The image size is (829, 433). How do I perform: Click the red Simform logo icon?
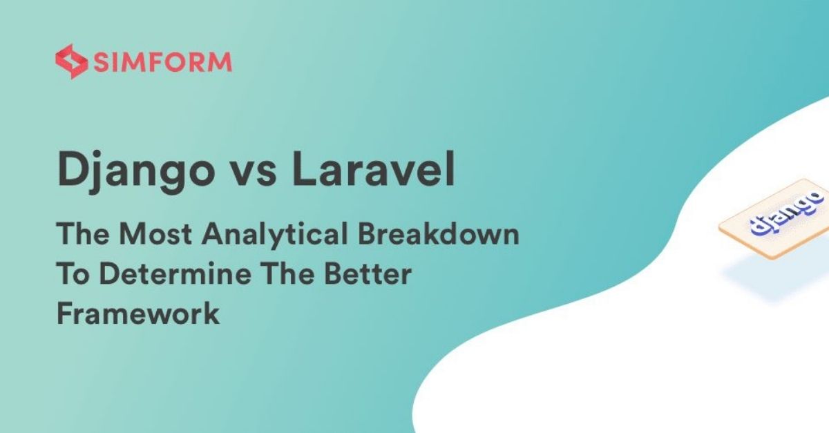[71, 61]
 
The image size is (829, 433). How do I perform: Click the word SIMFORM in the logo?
[163, 61]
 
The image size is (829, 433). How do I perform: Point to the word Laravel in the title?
[374, 169]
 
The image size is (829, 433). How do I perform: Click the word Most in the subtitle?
[155, 234]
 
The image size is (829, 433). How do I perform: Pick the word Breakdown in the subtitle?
[439, 233]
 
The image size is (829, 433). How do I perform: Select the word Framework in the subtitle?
[138, 313]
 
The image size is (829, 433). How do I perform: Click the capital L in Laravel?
[305, 169]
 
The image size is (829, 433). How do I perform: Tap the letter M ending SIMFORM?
[221, 61]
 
